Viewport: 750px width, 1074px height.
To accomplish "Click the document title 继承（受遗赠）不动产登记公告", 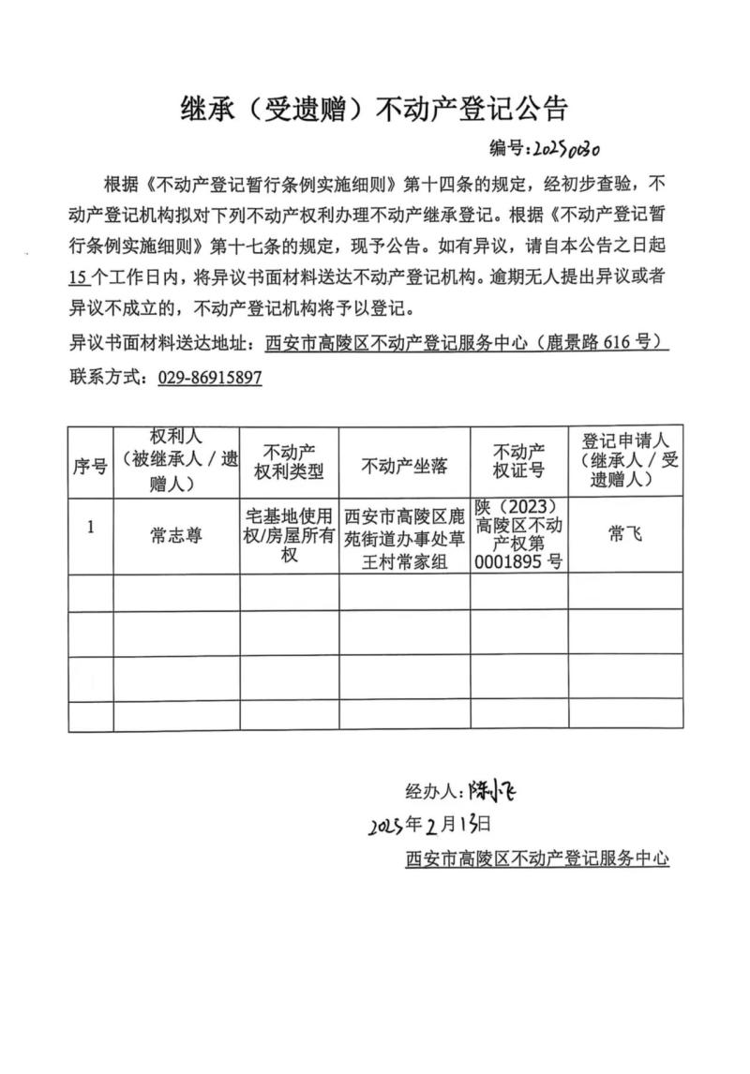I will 374,110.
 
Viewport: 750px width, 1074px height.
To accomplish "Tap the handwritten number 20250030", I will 566,148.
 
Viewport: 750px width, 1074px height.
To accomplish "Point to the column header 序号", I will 90,466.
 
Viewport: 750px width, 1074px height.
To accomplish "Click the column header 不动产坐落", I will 404,466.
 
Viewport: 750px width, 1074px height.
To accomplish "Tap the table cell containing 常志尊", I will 176,535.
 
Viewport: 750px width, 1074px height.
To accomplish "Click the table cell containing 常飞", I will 624,533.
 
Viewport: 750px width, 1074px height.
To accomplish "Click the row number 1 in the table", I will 90,527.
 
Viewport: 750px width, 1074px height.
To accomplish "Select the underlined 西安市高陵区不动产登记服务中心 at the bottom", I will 537,858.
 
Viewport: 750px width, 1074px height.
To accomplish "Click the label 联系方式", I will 108,377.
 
